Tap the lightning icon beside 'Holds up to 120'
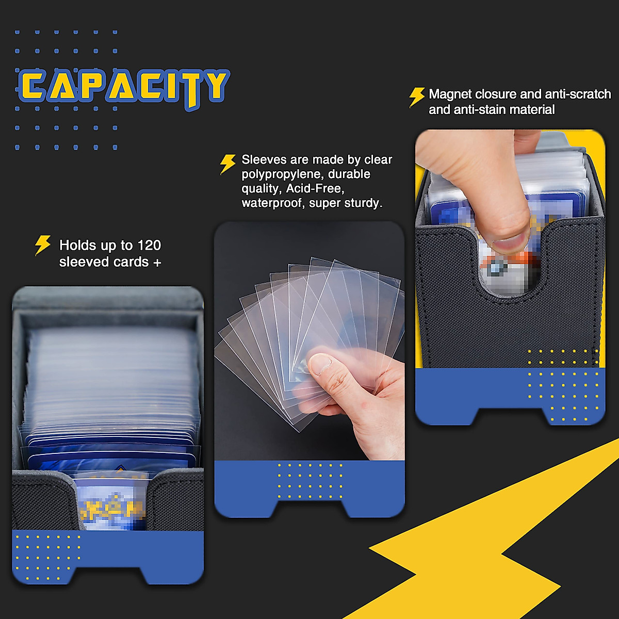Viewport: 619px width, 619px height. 42,246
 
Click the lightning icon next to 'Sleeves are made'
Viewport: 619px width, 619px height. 227,164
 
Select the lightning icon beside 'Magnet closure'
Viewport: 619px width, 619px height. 416,96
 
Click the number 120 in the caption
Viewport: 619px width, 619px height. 149,246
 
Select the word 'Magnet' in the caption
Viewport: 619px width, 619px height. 450,94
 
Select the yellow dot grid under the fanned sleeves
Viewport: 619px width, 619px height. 309,481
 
